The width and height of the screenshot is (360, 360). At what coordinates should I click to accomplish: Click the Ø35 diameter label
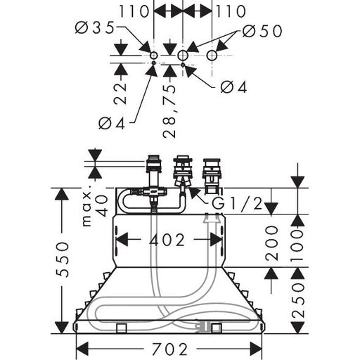(94, 28)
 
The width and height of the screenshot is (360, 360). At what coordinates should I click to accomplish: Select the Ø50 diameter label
(262, 31)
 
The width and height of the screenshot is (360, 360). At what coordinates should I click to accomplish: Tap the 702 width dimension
(169, 349)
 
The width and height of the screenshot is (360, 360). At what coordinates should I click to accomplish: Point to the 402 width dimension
(167, 240)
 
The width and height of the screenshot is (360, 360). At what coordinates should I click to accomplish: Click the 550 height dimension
(62, 259)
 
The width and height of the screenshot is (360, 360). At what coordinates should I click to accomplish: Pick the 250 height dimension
(297, 300)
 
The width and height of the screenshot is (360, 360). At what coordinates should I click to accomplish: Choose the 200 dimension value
(271, 243)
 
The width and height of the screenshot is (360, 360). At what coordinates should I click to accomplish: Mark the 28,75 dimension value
(169, 111)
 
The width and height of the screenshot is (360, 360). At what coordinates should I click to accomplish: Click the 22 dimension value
(120, 94)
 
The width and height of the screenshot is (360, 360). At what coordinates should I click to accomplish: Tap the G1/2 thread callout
(237, 203)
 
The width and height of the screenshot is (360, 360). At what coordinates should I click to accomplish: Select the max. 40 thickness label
(95, 205)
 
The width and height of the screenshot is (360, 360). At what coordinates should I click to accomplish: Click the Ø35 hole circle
(154, 56)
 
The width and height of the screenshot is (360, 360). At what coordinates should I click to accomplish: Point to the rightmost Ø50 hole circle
(212, 56)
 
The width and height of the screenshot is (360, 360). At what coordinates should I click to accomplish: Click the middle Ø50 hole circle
(183, 56)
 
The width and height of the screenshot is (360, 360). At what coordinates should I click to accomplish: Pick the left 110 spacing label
(134, 11)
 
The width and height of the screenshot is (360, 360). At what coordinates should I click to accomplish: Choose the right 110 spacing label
(231, 11)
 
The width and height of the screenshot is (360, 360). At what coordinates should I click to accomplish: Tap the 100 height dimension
(297, 245)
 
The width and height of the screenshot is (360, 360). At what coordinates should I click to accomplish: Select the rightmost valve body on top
(212, 176)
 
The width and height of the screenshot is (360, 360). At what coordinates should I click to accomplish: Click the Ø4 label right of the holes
(234, 87)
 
